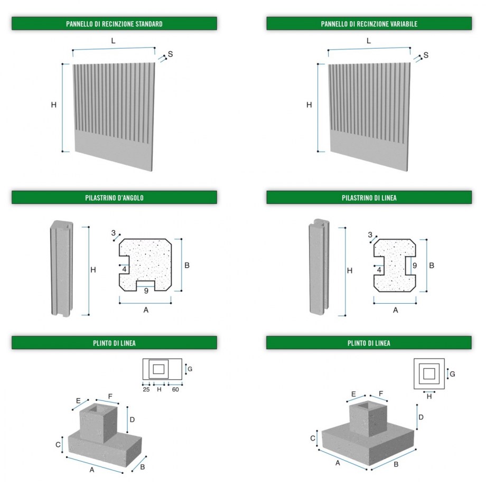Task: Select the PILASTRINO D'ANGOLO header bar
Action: [x=114, y=198]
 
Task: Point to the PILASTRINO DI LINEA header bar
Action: [x=369, y=198]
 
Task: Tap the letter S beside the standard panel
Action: [x=170, y=54]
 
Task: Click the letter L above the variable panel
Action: [x=369, y=41]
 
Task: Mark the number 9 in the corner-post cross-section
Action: [x=146, y=290]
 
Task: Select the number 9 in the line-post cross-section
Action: [x=414, y=266]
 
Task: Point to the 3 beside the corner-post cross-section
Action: [x=113, y=233]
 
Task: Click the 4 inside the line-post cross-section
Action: [x=379, y=269]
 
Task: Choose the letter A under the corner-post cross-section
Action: [x=146, y=310]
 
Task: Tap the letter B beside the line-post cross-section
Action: [x=432, y=265]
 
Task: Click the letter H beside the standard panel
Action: [x=53, y=105]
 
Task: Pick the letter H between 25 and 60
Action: [x=158, y=389]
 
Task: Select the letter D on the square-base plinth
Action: [x=421, y=417]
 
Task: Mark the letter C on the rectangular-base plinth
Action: [x=58, y=445]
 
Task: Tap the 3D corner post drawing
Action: [x=62, y=268]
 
